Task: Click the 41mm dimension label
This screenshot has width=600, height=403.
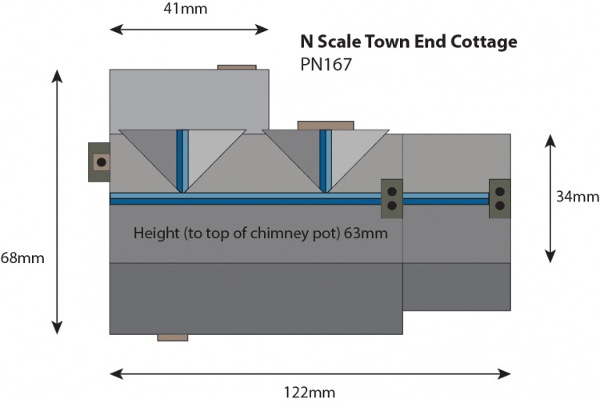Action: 190,10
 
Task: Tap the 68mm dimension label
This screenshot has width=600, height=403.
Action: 22,257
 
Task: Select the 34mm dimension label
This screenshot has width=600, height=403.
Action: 577,197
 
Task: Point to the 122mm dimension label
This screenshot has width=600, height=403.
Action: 308,392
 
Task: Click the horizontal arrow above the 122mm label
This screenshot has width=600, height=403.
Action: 310,373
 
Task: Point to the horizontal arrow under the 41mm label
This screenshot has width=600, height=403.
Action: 189,30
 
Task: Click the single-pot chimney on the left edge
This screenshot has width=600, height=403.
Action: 98,162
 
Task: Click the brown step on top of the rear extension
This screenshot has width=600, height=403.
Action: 237,67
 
